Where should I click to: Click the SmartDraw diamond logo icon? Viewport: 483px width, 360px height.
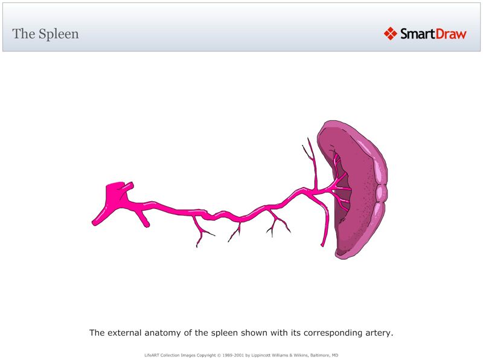pyautogui.click(x=390, y=34)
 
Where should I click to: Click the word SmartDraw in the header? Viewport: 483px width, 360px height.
pyautogui.click(x=433, y=34)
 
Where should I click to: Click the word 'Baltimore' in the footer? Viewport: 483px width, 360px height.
pyautogui.click(x=318, y=355)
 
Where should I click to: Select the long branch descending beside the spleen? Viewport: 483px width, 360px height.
pyautogui.click(x=325, y=223)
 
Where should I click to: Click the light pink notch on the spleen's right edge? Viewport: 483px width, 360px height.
pyautogui.click(x=381, y=193)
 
